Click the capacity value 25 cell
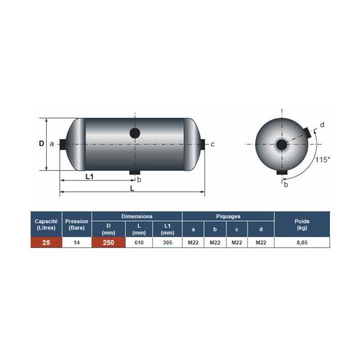46,243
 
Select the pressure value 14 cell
76,243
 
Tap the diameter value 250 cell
108,243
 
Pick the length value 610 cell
139,243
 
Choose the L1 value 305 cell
167,243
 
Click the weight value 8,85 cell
301,243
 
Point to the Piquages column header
228,216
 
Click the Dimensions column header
137,216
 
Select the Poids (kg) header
301,224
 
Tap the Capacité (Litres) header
46,224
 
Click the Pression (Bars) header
76,224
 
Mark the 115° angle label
322,159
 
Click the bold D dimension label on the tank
41,144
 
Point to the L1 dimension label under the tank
90,176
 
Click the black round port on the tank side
135,133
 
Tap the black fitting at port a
63,144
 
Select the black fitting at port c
202,144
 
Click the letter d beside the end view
322,125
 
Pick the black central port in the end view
281,145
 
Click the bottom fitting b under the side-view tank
135,173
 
